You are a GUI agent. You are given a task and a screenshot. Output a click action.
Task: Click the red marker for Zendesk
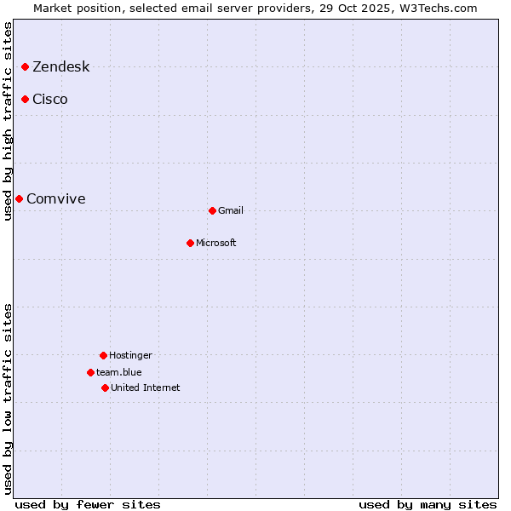(26, 66)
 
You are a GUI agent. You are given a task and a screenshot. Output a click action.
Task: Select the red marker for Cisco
(26, 99)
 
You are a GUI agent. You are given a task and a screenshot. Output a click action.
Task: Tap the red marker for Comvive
(19, 198)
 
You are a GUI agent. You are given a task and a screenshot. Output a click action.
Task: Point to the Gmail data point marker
(212, 210)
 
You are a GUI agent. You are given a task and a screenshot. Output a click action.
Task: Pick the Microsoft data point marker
(190, 243)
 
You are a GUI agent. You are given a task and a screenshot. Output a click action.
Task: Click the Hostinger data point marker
(103, 355)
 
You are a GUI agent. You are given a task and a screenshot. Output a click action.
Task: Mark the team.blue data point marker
(90, 372)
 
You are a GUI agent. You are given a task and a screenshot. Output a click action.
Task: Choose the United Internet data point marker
(105, 388)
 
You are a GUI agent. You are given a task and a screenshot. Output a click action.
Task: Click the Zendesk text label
(60, 67)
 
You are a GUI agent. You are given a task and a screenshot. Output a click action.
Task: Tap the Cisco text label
(50, 100)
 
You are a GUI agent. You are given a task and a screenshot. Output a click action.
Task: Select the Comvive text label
(56, 199)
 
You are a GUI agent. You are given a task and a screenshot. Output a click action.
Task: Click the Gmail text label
(231, 211)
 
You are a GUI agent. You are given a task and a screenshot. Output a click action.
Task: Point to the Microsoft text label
(216, 244)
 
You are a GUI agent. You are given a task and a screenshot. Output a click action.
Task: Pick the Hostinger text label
(130, 356)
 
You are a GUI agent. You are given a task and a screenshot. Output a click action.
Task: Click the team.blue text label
(119, 373)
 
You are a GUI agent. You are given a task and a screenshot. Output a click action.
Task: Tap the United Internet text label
(146, 388)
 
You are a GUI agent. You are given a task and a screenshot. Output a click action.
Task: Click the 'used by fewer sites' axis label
(88, 504)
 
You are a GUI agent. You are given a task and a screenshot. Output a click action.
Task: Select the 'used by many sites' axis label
(428, 504)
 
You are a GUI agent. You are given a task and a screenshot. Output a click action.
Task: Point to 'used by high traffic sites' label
(8, 122)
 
